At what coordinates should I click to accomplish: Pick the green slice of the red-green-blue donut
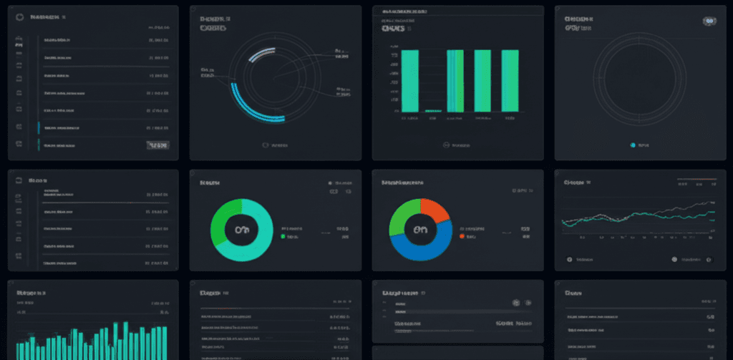(399, 218)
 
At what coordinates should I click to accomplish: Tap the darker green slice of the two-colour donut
(224, 218)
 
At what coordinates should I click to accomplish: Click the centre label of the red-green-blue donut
(420, 230)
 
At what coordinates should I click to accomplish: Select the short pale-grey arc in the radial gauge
(261, 52)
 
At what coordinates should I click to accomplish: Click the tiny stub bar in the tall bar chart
(432, 111)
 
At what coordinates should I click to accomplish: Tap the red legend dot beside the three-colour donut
(462, 235)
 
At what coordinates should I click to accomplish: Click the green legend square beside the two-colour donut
(283, 235)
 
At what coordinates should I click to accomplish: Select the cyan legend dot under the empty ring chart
(633, 145)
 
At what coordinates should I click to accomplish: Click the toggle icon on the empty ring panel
(709, 22)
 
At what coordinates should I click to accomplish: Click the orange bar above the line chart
(696, 179)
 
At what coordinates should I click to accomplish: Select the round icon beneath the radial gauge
(266, 145)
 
